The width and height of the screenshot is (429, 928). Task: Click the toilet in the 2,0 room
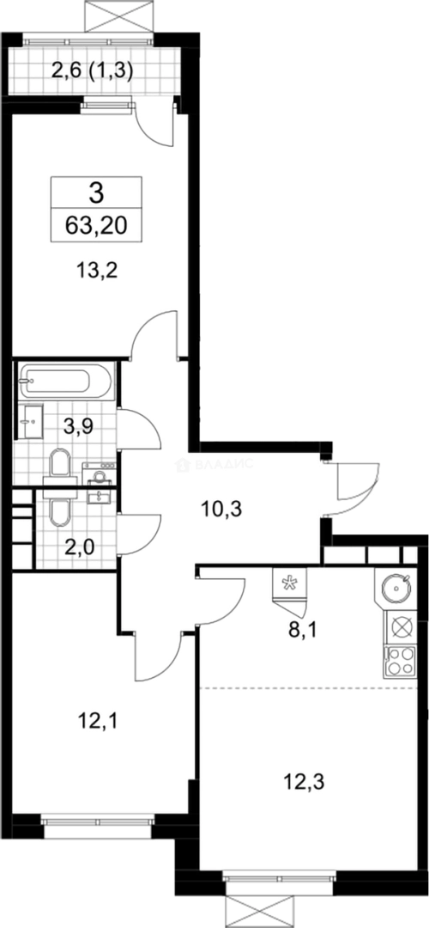coord(59,512)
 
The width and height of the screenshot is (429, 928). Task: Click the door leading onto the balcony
coord(157,125)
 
